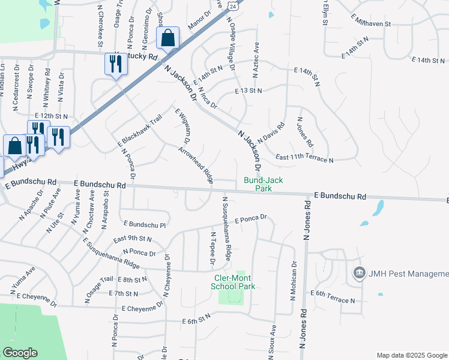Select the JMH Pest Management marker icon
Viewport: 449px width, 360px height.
click(359, 273)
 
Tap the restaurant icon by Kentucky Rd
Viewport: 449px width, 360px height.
click(116, 64)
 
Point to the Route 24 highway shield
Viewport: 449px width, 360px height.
click(238, 5)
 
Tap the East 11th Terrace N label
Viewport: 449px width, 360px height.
click(304, 158)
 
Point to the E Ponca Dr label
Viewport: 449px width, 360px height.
click(250, 220)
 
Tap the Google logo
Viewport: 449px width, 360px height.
click(20, 352)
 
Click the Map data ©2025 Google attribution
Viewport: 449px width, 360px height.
click(411, 355)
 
